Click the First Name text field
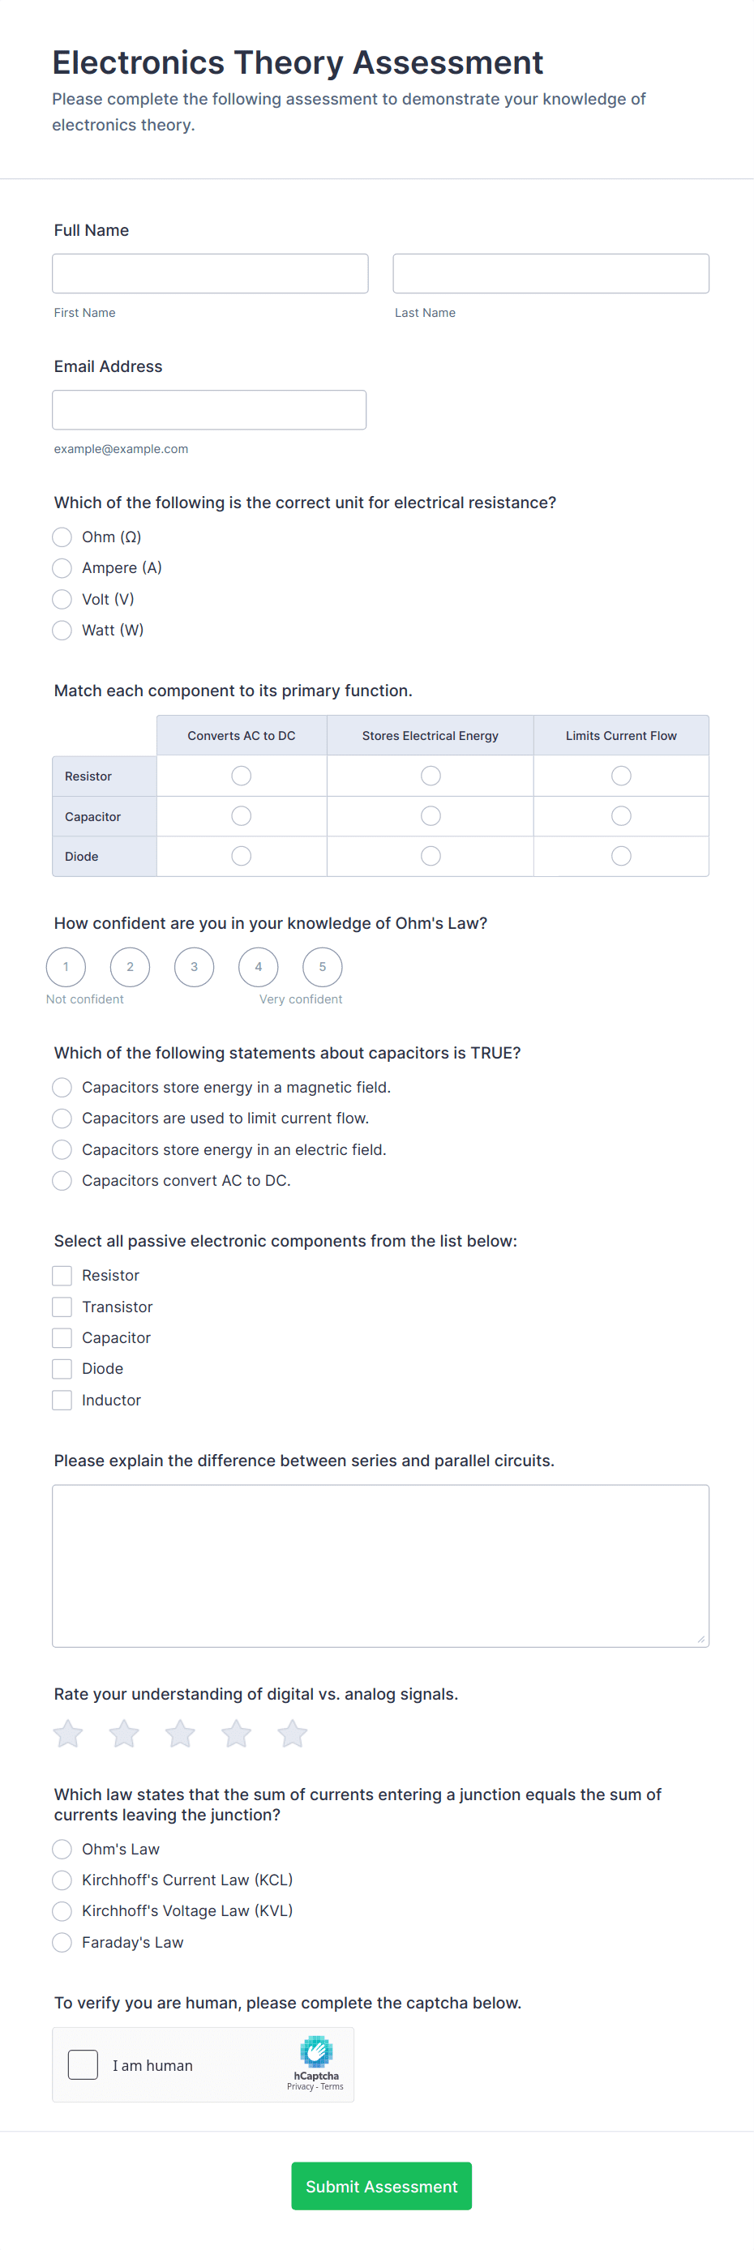pos(210,273)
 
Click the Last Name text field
pos(551,273)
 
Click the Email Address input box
pos(209,409)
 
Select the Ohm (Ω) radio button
pos(62,537)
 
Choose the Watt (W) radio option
pos(62,631)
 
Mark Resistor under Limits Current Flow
pos(620,776)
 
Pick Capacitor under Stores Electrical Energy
pos(431,816)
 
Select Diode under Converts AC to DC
pos(241,856)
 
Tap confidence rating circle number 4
pos(259,967)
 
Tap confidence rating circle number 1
pos(66,967)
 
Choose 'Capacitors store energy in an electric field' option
pos(62,1149)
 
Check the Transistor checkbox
pos(62,1307)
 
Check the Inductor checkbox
pos(62,1400)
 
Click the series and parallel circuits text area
pos(380,1565)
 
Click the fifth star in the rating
pos(293,1734)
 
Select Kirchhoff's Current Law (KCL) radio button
pos(62,1880)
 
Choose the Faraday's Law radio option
pos(62,1943)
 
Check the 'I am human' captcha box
pos(83,2065)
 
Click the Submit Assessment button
pos(381,2186)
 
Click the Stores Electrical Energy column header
pos(430,735)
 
